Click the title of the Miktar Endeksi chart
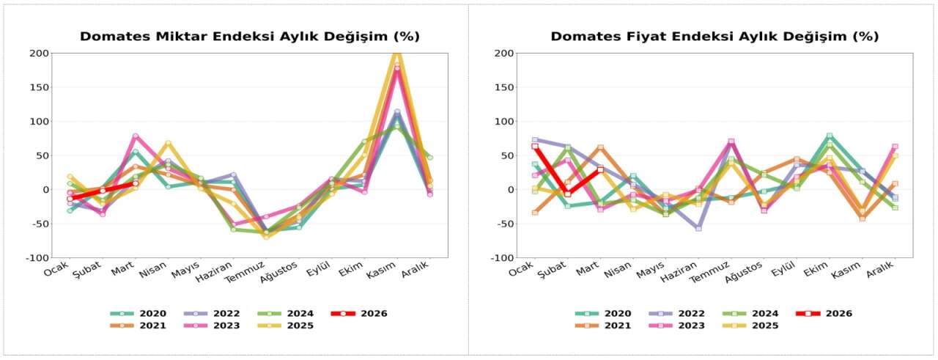pos(249,37)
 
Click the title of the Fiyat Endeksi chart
pos(714,37)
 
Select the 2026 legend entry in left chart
pos(358,313)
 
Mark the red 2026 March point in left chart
pos(135,183)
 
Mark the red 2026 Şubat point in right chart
pos(567,194)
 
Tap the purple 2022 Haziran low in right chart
pos(698,229)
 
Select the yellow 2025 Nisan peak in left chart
pos(168,143)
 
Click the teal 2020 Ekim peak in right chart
pos(830,136)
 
